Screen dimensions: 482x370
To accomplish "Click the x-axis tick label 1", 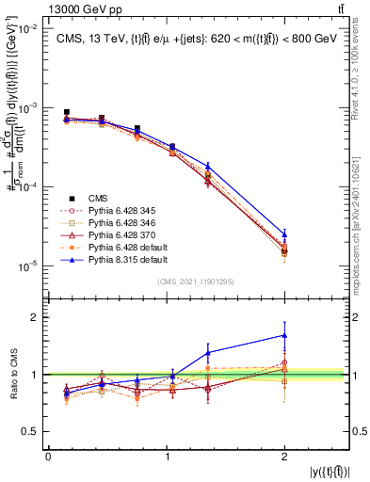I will point(168,457).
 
